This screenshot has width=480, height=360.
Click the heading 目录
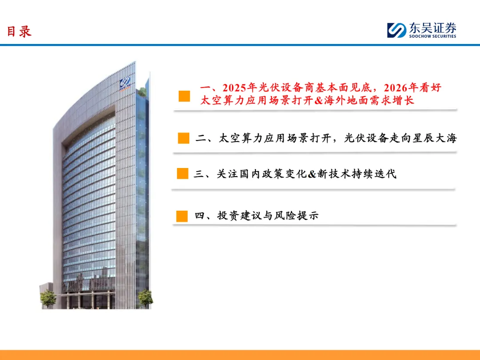click(x=19, y=32)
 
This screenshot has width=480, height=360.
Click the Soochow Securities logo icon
click(x=396, y=30)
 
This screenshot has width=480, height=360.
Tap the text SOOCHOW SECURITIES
click(x=432, y=36)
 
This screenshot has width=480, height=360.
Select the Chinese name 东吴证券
click(x=432, y=28)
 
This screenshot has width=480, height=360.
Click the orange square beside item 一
click(x=184, y=96)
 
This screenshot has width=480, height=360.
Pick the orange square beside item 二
click(x=184, y=138)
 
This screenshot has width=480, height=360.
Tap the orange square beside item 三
click(x=183, y=174)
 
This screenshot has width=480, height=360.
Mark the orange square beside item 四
click(x=182, y=216)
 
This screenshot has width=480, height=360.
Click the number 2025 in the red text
click(x=235, y=88)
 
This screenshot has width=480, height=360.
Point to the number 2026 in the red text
click(x=396, y=88)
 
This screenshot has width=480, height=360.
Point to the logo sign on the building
click(x=125, y=84)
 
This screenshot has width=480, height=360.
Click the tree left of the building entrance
click(x=48, y=299)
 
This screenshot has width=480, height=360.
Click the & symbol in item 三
click(x=312, y=174)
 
